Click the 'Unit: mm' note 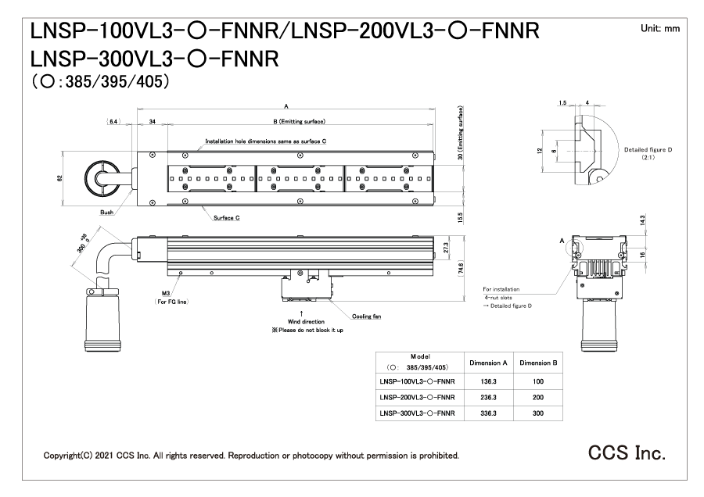pos(659,28)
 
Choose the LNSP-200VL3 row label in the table pos(417,396)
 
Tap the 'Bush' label pos(106,211)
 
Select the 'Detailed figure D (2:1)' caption pos(648,152)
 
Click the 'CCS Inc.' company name pos(628,453)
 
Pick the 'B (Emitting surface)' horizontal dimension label pos(299,121)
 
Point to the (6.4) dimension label pos(115,121)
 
